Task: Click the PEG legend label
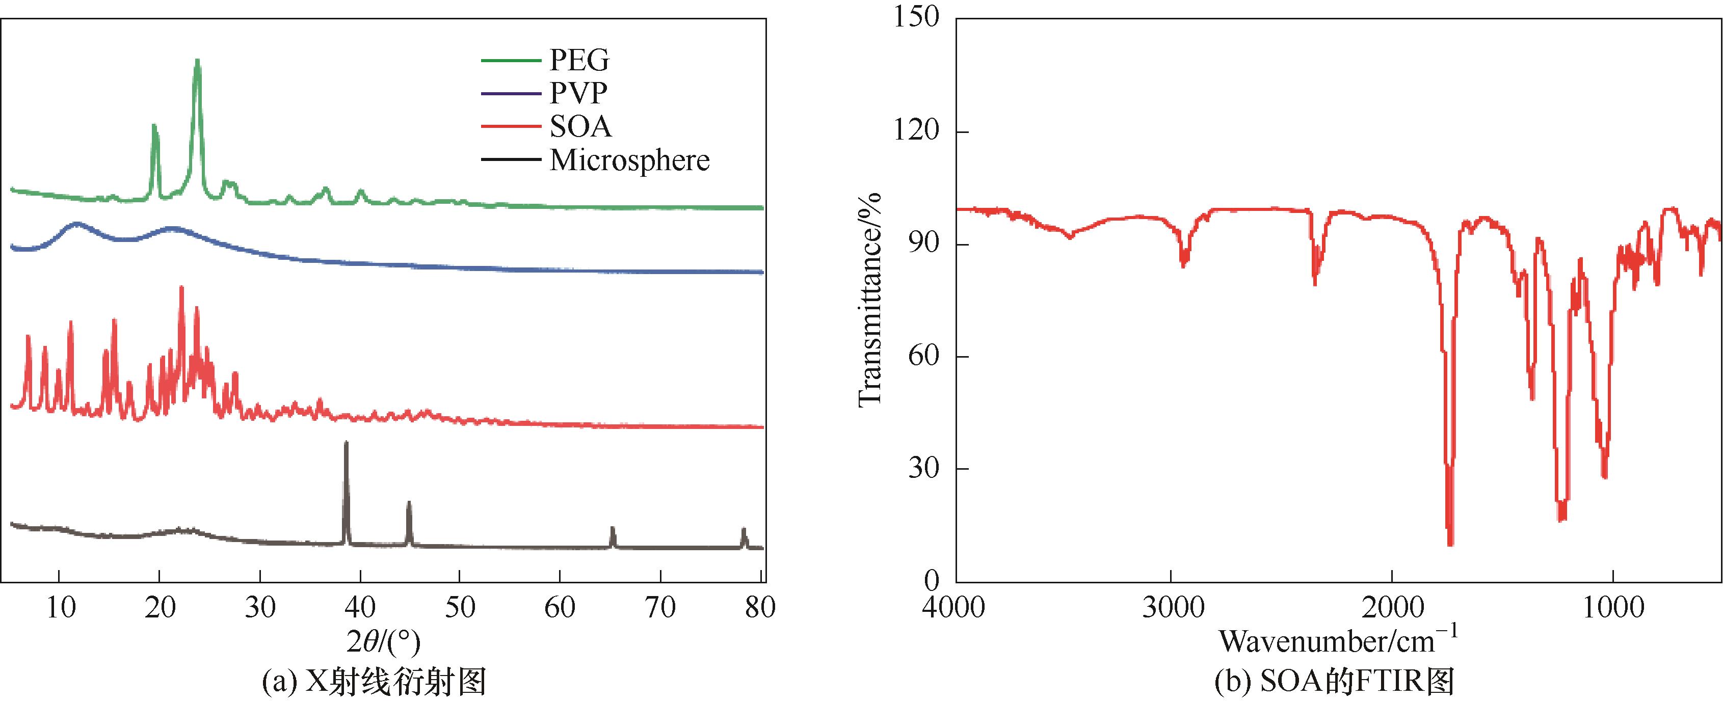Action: click(579, 61)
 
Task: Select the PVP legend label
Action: click(578, 94)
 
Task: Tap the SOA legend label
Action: click(580, 126)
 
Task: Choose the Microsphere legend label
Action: click(629, 160)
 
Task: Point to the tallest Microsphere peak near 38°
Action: click(346, 443)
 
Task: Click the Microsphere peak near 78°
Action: click(743, 530)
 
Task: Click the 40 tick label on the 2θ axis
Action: click(360, 607)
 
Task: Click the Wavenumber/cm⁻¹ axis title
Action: click(1338, 641)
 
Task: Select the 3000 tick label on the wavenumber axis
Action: click(1171, 607)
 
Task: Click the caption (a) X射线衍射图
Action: click(375, 682)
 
